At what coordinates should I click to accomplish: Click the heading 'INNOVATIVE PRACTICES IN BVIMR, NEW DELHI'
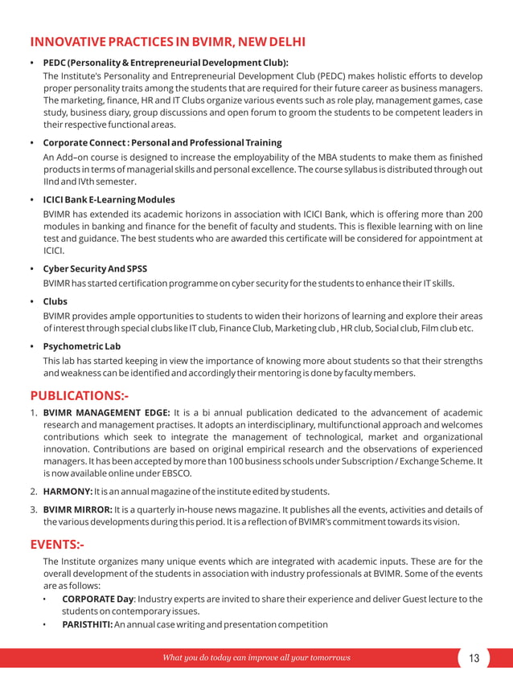tap(167, 42)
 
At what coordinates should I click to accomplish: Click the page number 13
tap(474, 658)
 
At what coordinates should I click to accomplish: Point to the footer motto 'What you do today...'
tap(256, 658)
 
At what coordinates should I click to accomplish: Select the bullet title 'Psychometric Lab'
tap(81, 346)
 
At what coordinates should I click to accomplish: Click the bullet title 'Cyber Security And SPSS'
tap(95, 268)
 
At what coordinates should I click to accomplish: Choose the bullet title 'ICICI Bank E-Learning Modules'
tap(109, 199)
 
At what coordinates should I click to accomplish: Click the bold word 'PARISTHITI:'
tap(87, 624)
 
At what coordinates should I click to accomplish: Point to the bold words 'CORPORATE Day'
tap(97, 599)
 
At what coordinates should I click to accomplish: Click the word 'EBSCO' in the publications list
tap(174, 473)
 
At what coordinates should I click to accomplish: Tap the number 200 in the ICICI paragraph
tap(474, 214)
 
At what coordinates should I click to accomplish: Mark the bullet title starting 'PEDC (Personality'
tap(165, 62)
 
